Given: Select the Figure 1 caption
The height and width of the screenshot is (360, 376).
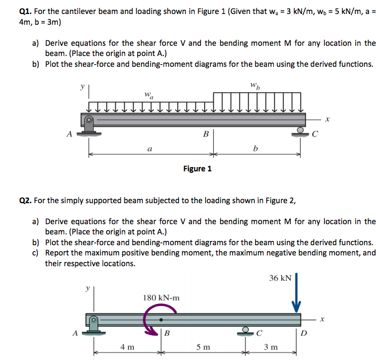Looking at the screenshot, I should pos(197,169).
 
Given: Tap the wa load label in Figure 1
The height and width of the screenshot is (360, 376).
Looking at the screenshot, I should pos(149,96).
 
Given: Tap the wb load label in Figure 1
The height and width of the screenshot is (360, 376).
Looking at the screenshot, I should pos(255,85).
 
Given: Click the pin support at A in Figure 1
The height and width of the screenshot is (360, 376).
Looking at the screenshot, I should pos(89,127).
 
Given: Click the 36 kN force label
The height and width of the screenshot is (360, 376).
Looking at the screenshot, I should pos(280,278).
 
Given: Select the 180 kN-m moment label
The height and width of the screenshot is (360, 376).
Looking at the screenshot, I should pos(162,297).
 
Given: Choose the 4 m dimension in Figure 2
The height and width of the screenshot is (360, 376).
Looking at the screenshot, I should pos(127,347).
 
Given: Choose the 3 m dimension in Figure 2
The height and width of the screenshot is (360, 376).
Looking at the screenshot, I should pos(271,347).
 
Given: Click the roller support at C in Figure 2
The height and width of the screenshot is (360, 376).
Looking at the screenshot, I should pos(246,330).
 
